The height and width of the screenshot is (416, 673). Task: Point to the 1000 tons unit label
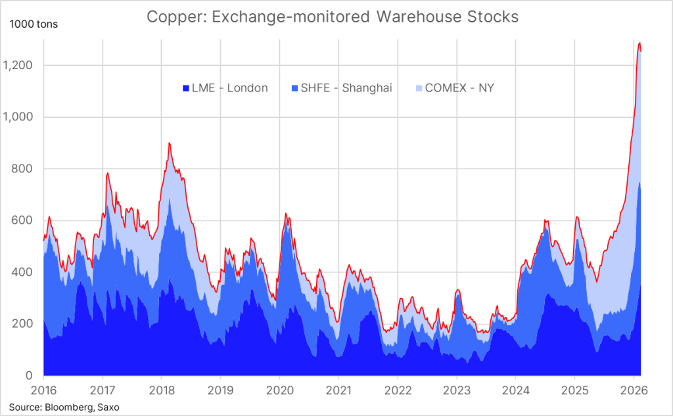click(34, 25)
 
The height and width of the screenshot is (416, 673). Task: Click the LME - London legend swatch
click(186, 88)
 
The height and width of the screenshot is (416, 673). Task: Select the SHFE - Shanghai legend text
click(346, 88)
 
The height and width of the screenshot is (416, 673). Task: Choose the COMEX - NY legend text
click(459, 88)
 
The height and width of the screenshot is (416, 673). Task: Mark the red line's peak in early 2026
click(639, 43)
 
